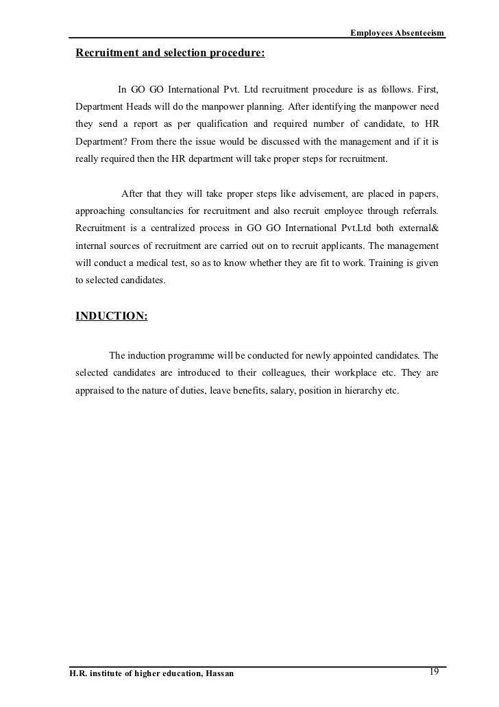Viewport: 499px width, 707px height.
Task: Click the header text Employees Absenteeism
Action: pyautogui.click(x=397, y=33)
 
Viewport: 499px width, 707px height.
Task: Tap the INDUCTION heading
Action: pyautogui.click(x=110, y=316)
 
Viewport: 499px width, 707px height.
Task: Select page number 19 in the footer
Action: pyautogui.click(x=433, y=671)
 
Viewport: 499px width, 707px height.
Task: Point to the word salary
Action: pyautogui.click(x=271, y=392)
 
